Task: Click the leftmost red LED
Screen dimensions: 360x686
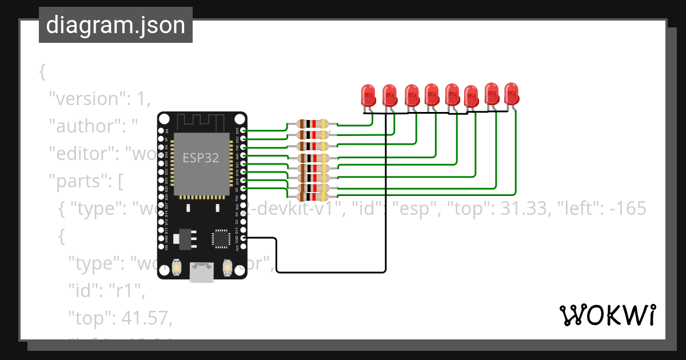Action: click(369, 95)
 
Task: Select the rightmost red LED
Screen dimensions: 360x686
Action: click(511, 93)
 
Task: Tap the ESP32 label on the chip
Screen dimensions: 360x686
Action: click(201, 158)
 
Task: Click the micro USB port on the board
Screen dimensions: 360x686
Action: click(202, 273)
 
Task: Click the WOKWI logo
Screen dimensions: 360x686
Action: click(607, 315)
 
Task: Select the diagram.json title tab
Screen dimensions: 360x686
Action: click(115, 26)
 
